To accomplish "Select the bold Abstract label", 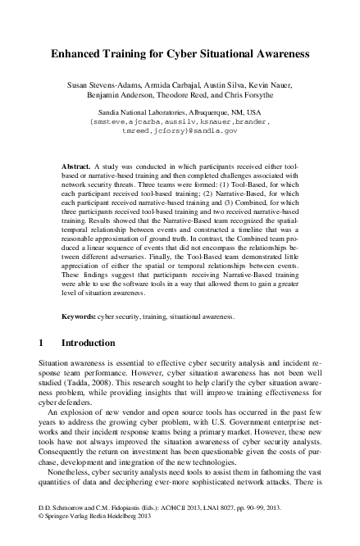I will [76, 166].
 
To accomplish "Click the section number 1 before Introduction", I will [42, 342].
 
